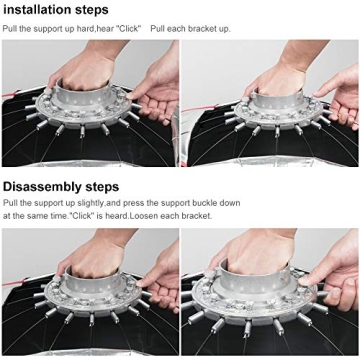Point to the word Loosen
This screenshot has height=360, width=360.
click(x=144, y=216)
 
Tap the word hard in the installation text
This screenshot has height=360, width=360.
click(x=86, y=29)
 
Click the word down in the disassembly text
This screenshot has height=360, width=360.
click(x=231, y=203)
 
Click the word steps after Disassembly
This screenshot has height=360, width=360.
click(x=102, y=188)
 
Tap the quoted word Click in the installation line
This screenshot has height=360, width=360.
click(x=127, y=29)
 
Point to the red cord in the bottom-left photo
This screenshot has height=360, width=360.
click(x=14, y=283)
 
